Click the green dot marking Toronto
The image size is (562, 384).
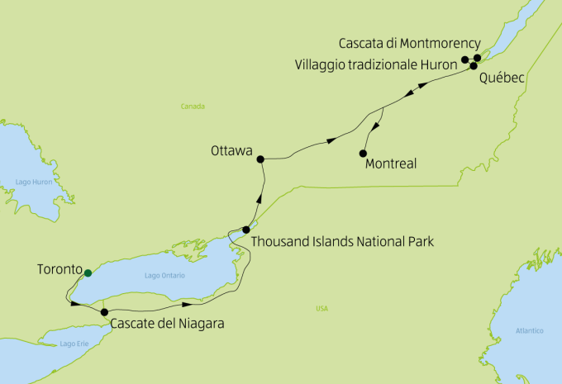point(88,273)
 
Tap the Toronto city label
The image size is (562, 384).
point(60,270)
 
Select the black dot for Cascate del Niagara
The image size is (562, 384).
point(104,312)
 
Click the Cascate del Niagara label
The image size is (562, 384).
point(166,324)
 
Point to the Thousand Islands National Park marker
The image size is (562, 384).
point(246,230)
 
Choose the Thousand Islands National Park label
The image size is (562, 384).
point(341,242)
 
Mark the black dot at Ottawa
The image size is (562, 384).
point(260,159)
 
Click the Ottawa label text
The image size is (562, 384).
point(231,151)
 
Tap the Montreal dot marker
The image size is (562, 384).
point(363,153)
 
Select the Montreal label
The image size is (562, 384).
point(390,164)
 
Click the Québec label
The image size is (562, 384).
point(502,77)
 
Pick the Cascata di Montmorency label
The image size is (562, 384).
point(410,42)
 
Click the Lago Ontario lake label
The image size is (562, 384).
point(164,275)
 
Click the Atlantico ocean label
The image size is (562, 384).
point(529,330)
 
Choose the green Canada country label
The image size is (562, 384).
point(193,106)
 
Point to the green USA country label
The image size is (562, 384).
point(321,309)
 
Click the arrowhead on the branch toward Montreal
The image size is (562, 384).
point(376,127)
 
